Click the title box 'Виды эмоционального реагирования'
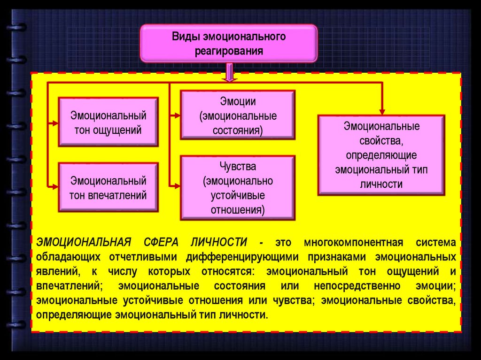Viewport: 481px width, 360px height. [x=229, y=43]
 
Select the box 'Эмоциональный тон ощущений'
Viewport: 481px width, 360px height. [x=108, y=122]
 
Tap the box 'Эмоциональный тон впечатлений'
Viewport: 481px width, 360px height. [x=108, y=187]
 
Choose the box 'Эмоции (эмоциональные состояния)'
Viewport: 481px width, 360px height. [x=238, y=115]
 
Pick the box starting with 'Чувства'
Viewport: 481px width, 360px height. [x=238, y=188]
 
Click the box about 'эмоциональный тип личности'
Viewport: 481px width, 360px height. [x=381, y=155]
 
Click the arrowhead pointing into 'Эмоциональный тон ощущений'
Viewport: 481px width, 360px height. [x=55, y=123]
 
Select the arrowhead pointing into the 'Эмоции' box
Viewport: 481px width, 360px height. [x=177, y=115]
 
